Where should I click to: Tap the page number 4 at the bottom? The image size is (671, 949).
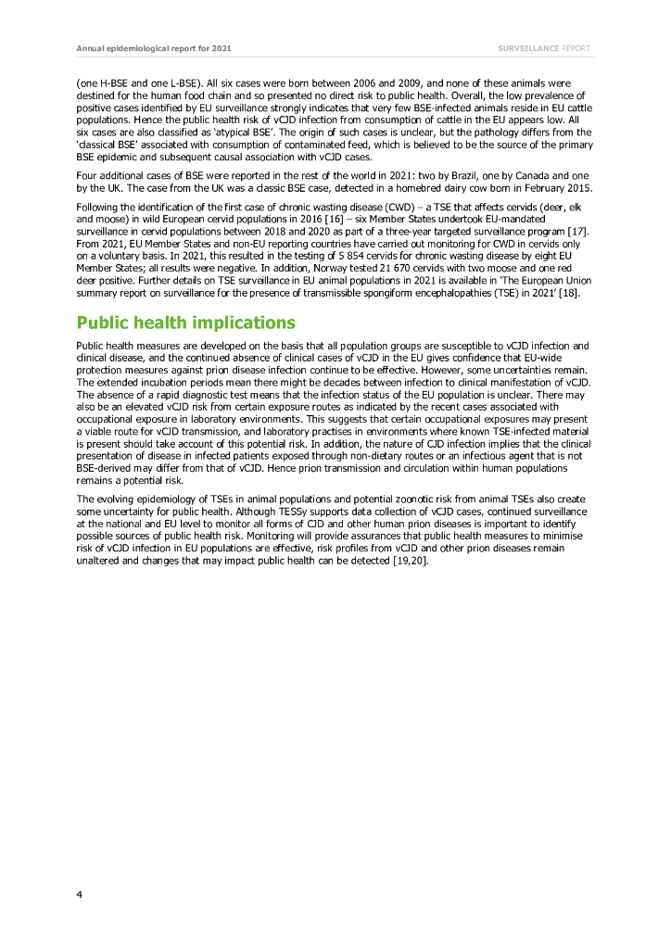pyautogui.click(x=80, y=893)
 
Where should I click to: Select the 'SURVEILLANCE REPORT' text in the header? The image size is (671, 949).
pyautogui.click(x=543, y=47)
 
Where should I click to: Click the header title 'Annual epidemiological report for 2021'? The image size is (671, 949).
pyautogui.click(x=142, y=47)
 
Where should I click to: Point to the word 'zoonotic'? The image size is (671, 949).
pyautogui.click(x=373, y=498)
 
